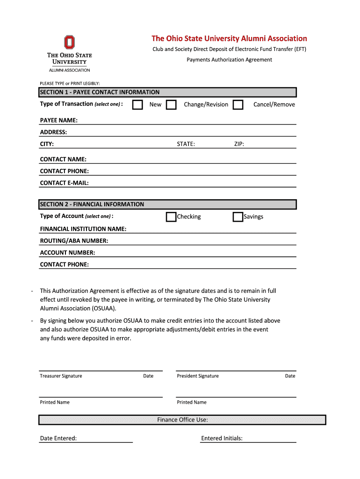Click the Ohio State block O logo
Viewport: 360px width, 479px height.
pyautogui.click(x=69, y=43)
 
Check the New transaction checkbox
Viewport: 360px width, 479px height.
pyautogui.click(x=137, y=104)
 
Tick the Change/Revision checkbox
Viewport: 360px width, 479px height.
pyautogui.click(x=172, y=104)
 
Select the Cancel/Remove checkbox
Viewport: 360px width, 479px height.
pyautogui.click(x=238, y=104)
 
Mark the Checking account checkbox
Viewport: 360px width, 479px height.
pyautogui.click(x=171, y=217)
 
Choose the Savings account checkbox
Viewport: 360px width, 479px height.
pyautogui.click(x=238, y=217)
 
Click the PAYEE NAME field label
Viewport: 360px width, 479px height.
pyautogui.click(x=59, y=121)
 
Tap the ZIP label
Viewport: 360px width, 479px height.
pyautogui.click(x=239, y=144)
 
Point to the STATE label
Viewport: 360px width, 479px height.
pyautogui.click(x=186, y=144)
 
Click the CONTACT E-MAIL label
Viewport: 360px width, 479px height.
pyautogui.click(x=64, y=183)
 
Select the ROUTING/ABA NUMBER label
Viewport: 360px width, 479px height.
pyautogui.click(x=74, y=241)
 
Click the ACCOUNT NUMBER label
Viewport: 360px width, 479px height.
pyautogui.click(x=67, y=253)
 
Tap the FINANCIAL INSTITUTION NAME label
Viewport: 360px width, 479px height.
pyautogui.click(x=83, y=229)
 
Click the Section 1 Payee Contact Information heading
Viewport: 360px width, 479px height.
pyautogui.click(x=100, y=92)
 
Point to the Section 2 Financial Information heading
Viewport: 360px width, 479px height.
pyautogui.click(x=92, y=204)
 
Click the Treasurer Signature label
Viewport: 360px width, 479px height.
pyautogui.click(x=61, y=376)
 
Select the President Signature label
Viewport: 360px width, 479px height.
pyautogui.click(x=197, y=376)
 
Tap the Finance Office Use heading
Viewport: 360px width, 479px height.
pyautogui.click(x=182, y=420)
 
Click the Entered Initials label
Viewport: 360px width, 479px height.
pyautogui.click(x=222, y=438)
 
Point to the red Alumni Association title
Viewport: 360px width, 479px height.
pyautogui.click(x=229, y=38)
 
